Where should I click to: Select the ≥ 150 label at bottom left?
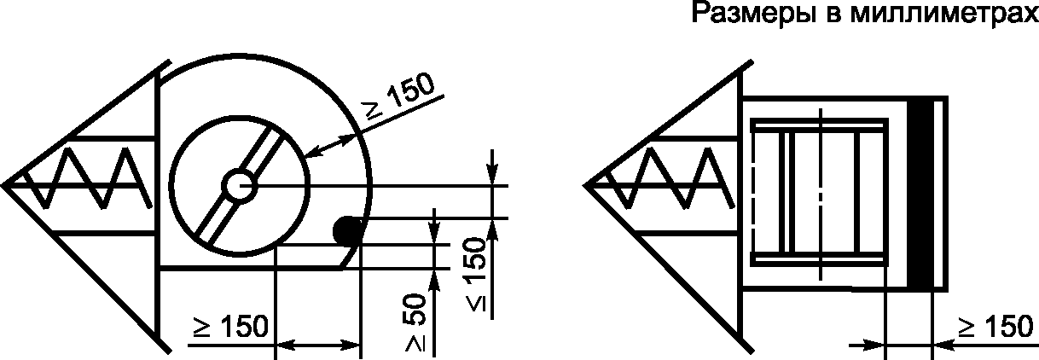[230, 326]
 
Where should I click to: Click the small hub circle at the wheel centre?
[239, 186]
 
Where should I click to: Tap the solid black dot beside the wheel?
[347, 230]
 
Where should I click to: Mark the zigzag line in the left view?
[88, 177]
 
